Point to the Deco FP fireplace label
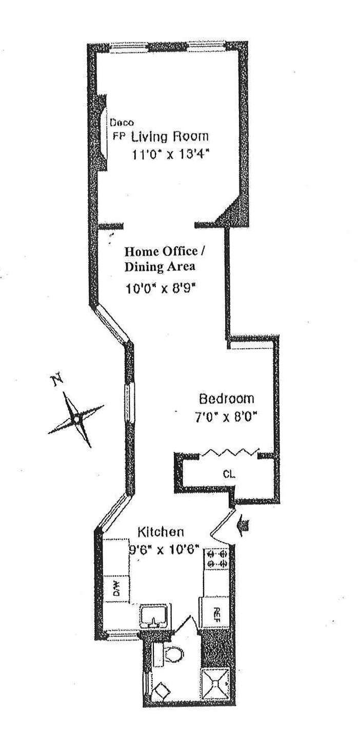(121, 130)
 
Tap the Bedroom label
(227, 399)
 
